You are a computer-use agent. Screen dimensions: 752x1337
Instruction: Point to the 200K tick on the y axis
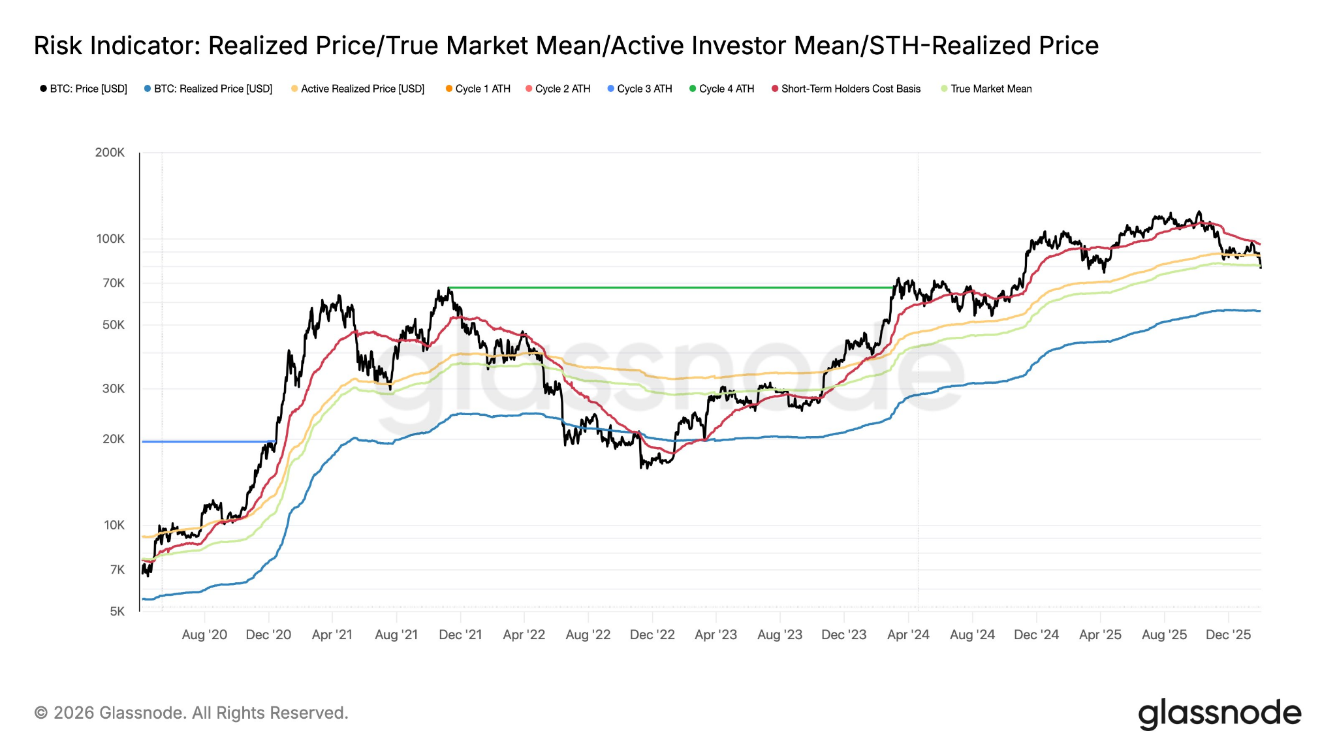(110, 153)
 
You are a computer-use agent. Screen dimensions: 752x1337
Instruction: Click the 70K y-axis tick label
(113, 283)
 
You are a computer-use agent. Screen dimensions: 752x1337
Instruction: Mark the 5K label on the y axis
(117, 612)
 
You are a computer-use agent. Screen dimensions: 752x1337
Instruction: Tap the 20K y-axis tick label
(113, 439)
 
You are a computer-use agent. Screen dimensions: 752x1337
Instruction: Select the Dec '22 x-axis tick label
(652, 635)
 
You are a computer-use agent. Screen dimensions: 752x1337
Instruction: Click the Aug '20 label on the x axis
(204, 635)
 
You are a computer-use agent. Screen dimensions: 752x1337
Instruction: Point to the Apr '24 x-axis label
(908, 635)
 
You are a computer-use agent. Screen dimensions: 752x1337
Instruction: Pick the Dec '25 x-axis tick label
(1228, 635)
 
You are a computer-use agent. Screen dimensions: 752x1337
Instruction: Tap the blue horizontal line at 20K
(202, 442)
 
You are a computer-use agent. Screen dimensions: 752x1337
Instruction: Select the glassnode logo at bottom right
(1219, 713)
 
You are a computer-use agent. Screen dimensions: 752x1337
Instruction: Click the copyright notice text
(191, 713)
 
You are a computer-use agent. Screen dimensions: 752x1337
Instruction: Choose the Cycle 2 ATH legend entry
(562, 89)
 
